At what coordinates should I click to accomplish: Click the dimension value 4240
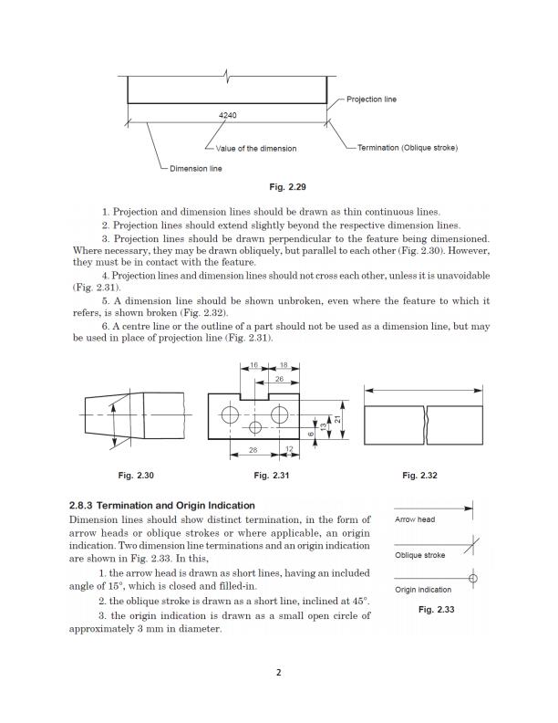(228, 116)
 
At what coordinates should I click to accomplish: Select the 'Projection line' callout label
(372, 99)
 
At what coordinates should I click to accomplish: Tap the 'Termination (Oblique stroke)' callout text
(407, 147)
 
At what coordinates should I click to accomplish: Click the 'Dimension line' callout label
(195, 168)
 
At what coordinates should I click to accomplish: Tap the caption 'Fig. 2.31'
(274, 475)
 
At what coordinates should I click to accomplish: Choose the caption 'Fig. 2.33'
(436, 610)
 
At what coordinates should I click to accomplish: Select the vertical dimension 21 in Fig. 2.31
(336, 418)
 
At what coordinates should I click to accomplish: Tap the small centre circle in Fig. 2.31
(256, 427)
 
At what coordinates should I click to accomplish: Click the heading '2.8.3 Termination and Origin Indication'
(162, 505)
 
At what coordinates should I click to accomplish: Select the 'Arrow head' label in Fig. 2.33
(415, 519)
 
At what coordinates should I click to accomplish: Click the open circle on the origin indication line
(472, 578)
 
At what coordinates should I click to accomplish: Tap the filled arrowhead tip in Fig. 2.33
(471, 508)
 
